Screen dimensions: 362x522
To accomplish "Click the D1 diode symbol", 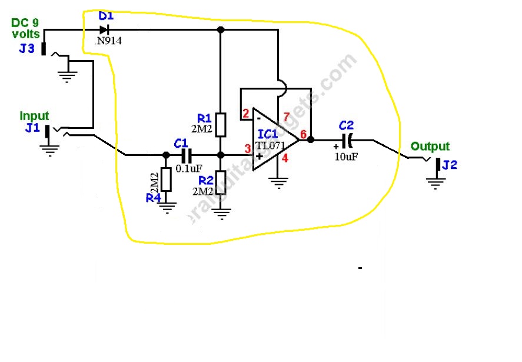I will click(104, 29).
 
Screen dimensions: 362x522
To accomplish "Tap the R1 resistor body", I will click(221, 124).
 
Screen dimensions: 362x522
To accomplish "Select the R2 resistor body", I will click(221, 181).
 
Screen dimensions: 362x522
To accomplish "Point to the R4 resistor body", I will click(166, 179).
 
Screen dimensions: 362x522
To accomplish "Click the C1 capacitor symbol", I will click(187, 155).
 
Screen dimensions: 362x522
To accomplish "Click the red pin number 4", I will click(285, 157).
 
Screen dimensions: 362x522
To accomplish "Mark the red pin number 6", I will click(303, 135).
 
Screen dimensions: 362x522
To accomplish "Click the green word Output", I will click(430, 147).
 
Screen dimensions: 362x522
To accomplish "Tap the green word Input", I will click(34, 116).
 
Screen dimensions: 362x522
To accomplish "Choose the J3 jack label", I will click(26, 48).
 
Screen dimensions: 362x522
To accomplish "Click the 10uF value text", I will click(345, 158).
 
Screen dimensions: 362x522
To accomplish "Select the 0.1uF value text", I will click(189, 168).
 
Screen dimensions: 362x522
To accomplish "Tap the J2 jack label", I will click(449, 165).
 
